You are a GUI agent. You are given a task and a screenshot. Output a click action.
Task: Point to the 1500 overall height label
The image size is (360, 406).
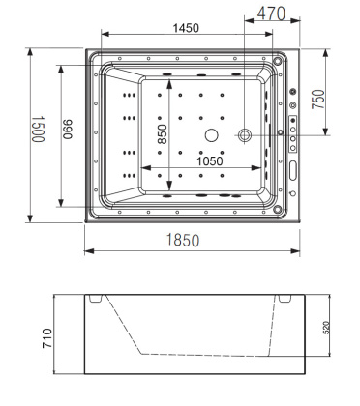click(x=38, y=130)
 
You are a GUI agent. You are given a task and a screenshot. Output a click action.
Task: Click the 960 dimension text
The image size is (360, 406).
click(x=68, y=133)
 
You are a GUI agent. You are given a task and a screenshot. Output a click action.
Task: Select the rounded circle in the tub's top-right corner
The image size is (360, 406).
click(x=281, y=61)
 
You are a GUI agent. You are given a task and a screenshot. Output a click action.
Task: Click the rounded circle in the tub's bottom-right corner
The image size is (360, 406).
click(x=282, y=205)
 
